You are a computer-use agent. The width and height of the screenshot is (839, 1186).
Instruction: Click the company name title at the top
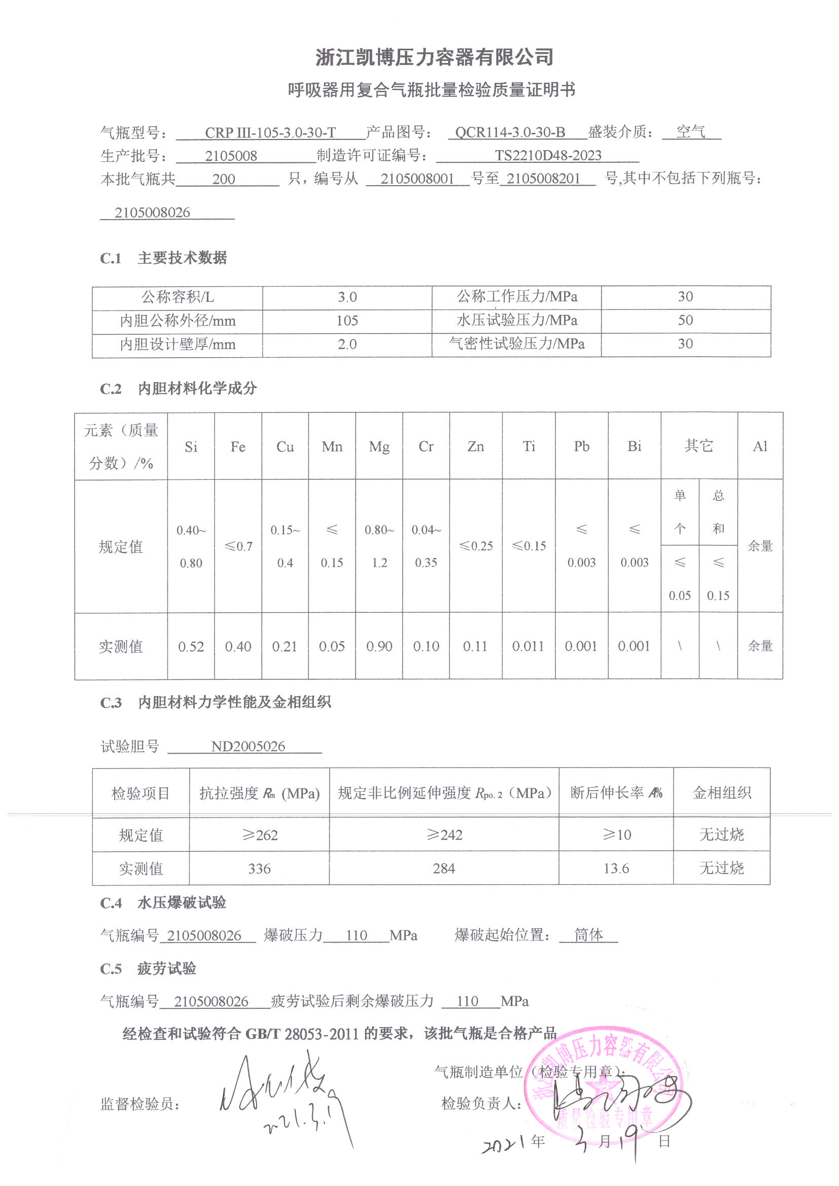coord(434,57)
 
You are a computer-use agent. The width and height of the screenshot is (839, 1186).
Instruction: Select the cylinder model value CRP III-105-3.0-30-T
coord(270,133)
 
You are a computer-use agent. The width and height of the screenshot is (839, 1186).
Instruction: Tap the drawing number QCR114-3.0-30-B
coord(510,132)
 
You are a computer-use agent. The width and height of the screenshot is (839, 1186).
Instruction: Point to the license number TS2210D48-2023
coord(548,156)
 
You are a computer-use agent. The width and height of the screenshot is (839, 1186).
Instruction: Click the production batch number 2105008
coord(231,156)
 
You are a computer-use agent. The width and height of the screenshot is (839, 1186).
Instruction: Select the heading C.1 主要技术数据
coord(163,258)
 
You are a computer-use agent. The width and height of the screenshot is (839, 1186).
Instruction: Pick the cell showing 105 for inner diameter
coord(347,321)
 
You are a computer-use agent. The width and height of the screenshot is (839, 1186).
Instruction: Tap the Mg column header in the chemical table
coord(379,447)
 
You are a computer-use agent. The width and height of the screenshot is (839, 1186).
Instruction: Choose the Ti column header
coord(529,446)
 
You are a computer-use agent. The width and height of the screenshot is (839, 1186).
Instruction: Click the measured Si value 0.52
coord(191,647)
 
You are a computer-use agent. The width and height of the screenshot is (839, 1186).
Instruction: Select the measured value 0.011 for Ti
coord(528,647)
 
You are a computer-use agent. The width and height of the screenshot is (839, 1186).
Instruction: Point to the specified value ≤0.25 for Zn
coord(476,546)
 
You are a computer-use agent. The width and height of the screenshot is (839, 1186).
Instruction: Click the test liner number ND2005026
coord(248,746)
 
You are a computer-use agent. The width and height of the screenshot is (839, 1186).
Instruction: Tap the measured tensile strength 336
coord(259,869)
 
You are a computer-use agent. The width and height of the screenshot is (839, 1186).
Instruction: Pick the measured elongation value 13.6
coord(616,868)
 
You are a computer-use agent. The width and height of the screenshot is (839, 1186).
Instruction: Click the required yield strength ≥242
coord(444,835)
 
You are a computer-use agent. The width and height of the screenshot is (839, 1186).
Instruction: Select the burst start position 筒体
coord(588,934)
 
